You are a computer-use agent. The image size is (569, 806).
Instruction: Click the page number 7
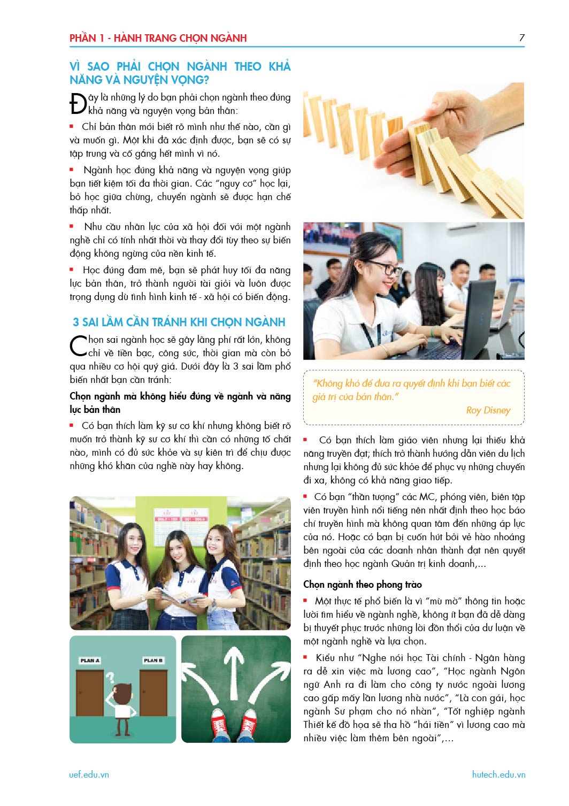click(521, 37)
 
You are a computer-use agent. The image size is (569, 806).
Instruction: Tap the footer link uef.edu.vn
click(89, 774)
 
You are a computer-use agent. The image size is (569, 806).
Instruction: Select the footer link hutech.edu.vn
click(498, 774)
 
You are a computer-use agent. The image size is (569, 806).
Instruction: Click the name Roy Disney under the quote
click(488, 410)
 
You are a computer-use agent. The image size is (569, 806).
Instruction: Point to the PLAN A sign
click(90, 661)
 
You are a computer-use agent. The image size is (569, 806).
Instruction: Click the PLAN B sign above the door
click(153, 661)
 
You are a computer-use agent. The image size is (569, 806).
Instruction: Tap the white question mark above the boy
click(110, 678)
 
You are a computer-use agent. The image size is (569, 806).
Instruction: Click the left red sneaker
click(219, 726)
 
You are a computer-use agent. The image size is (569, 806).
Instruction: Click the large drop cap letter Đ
click(78, 104)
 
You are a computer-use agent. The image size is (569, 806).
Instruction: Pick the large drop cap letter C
click(78, 346)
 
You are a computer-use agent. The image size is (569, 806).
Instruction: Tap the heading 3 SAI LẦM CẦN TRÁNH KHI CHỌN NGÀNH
click(179, 322)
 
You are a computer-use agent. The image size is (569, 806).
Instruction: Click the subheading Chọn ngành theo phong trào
click(362, 584)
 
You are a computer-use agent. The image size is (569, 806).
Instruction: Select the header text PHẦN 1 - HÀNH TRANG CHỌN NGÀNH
click(158, 38)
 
